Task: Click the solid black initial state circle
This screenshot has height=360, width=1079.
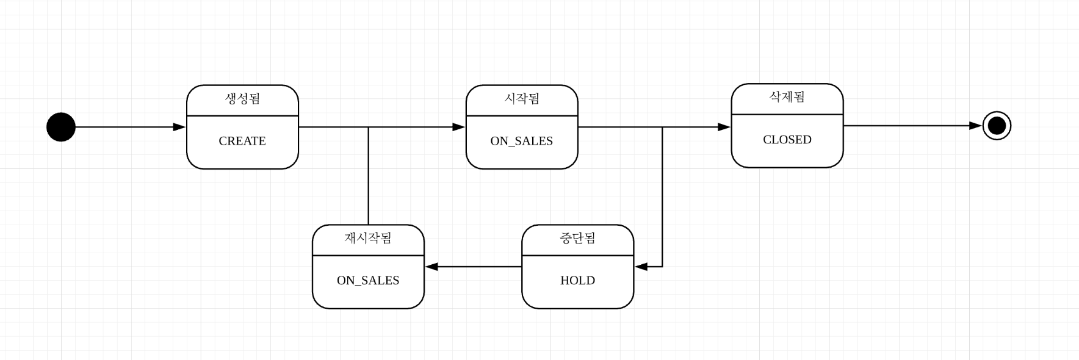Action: pyautogui.click(x=61, y=127)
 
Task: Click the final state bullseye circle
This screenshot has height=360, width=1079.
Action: pyautogui.click(x=997, y=126)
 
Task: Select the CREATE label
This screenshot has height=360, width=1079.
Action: pyautogui.click(x=242, y=141)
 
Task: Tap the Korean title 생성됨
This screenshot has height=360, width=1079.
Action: pyautogui.click(x=242, y=99)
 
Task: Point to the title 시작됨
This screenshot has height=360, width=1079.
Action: pyautogui.click(x=522, y=99)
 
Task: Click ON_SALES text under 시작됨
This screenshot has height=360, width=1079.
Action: pyautogui.click(x=522, y=141)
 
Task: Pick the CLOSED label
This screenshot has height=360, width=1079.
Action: pyautogui.click(x=787, y=140)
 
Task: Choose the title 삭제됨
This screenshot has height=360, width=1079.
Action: pyautogui.click(x=787, y=97)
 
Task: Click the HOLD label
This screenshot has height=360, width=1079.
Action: pyautogui.click(x=577, y=281)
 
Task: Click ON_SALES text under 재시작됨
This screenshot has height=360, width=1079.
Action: pyautogui.click(x=368, y=281)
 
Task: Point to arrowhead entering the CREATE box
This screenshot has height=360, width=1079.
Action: pyautogui.click(x=179, y=127)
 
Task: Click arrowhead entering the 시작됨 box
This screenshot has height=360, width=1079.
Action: pyautogui.click(x=459, y=127)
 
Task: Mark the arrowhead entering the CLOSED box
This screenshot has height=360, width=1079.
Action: pyautogui.click(x=724, y=127)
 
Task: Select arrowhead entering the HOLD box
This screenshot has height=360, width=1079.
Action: pyautogui.click(x=641, y=267)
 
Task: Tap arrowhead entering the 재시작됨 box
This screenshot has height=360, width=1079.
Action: pyautogui.click(x=431, y=267)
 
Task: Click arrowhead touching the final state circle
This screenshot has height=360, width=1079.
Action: pyautogui.click(x=976, y=126)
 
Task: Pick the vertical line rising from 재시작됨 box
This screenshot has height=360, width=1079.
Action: pyautogui.click(x=368, y=177)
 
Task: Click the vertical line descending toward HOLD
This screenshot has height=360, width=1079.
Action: pyautogui.click(x=662, y=195)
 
